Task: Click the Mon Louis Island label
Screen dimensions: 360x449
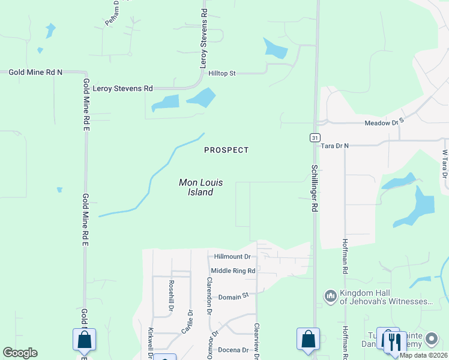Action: [196, 187]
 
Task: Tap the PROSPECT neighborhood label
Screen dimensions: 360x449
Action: [226, 150]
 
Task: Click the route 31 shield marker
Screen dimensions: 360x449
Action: [315, 137]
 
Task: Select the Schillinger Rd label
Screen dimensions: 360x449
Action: [314, 188]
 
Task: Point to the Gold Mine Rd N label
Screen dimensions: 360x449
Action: [35, 72]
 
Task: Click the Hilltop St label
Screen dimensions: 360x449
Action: [222, 73]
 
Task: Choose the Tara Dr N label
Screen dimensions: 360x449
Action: [334, 146]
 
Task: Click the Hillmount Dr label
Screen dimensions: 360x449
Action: [232, 256]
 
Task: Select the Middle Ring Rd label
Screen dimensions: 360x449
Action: [233, 271]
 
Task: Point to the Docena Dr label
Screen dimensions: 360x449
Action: [234, 350]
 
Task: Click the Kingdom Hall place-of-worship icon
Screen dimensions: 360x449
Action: [330, 296]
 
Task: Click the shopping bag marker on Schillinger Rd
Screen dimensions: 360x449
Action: [308, 338]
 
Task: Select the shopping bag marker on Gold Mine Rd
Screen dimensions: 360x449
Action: [84, 339]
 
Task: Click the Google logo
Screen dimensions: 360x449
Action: [20, 353]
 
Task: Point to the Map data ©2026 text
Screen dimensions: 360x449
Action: [423, 355]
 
